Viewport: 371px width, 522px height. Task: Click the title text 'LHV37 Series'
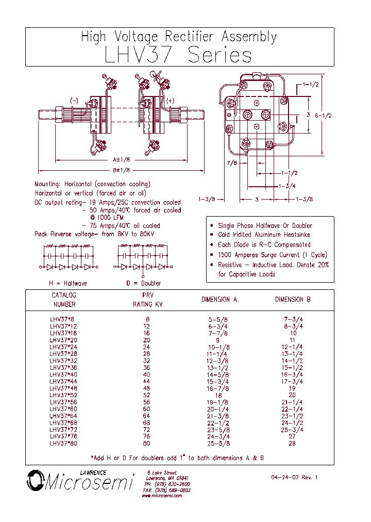[x=178, y=55]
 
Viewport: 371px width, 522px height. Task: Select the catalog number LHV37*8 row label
[x=62, y=319]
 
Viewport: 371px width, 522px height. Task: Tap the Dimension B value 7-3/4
[x=293, y=319]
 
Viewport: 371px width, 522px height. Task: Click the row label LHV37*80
[x=63, y=443]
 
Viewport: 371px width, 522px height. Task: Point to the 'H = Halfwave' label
[x=68, y=283]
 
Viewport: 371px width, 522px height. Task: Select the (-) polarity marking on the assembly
[x=74, y=101]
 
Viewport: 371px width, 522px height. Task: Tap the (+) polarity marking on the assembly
[x=171, y=101]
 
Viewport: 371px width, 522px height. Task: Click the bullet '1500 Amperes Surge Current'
[x=272, y=255]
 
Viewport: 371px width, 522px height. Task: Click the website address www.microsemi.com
[x=162, y=496]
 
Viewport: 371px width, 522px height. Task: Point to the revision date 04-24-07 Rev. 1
[x=294, y=477]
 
